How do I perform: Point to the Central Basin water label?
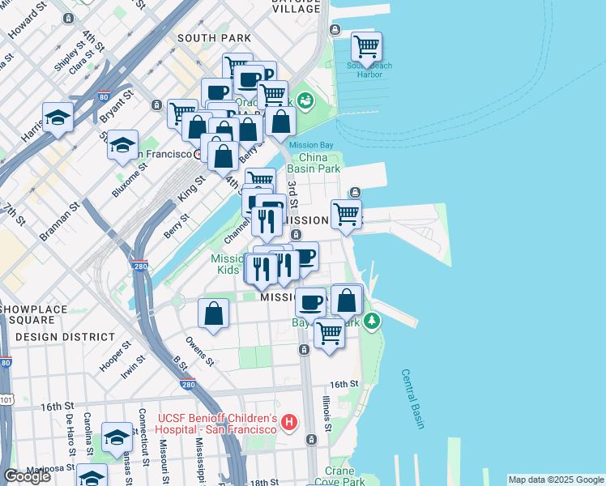[x=412, y=399]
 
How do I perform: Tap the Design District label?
[x=65, y=336]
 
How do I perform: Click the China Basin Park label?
[x=319, y=164]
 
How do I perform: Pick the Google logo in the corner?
[x=27, y=476]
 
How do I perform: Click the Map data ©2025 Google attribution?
[x=555, y=480]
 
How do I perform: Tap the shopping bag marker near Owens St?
[x=213, y=313]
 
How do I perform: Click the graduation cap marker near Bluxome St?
[x=122, y=146]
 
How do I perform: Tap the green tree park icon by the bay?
[x=372, y=322]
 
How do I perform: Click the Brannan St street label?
[x=60, y=220]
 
